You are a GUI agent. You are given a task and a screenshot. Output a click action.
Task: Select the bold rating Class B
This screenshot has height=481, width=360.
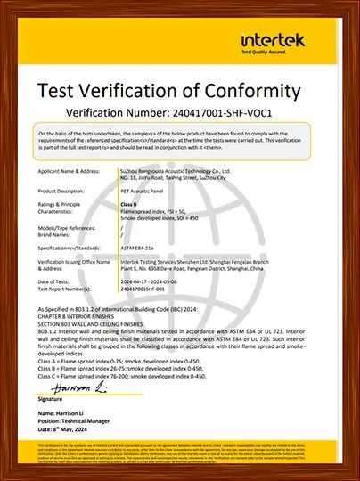(130, 204)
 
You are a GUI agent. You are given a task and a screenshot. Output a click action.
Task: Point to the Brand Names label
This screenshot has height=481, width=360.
(56, 234)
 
